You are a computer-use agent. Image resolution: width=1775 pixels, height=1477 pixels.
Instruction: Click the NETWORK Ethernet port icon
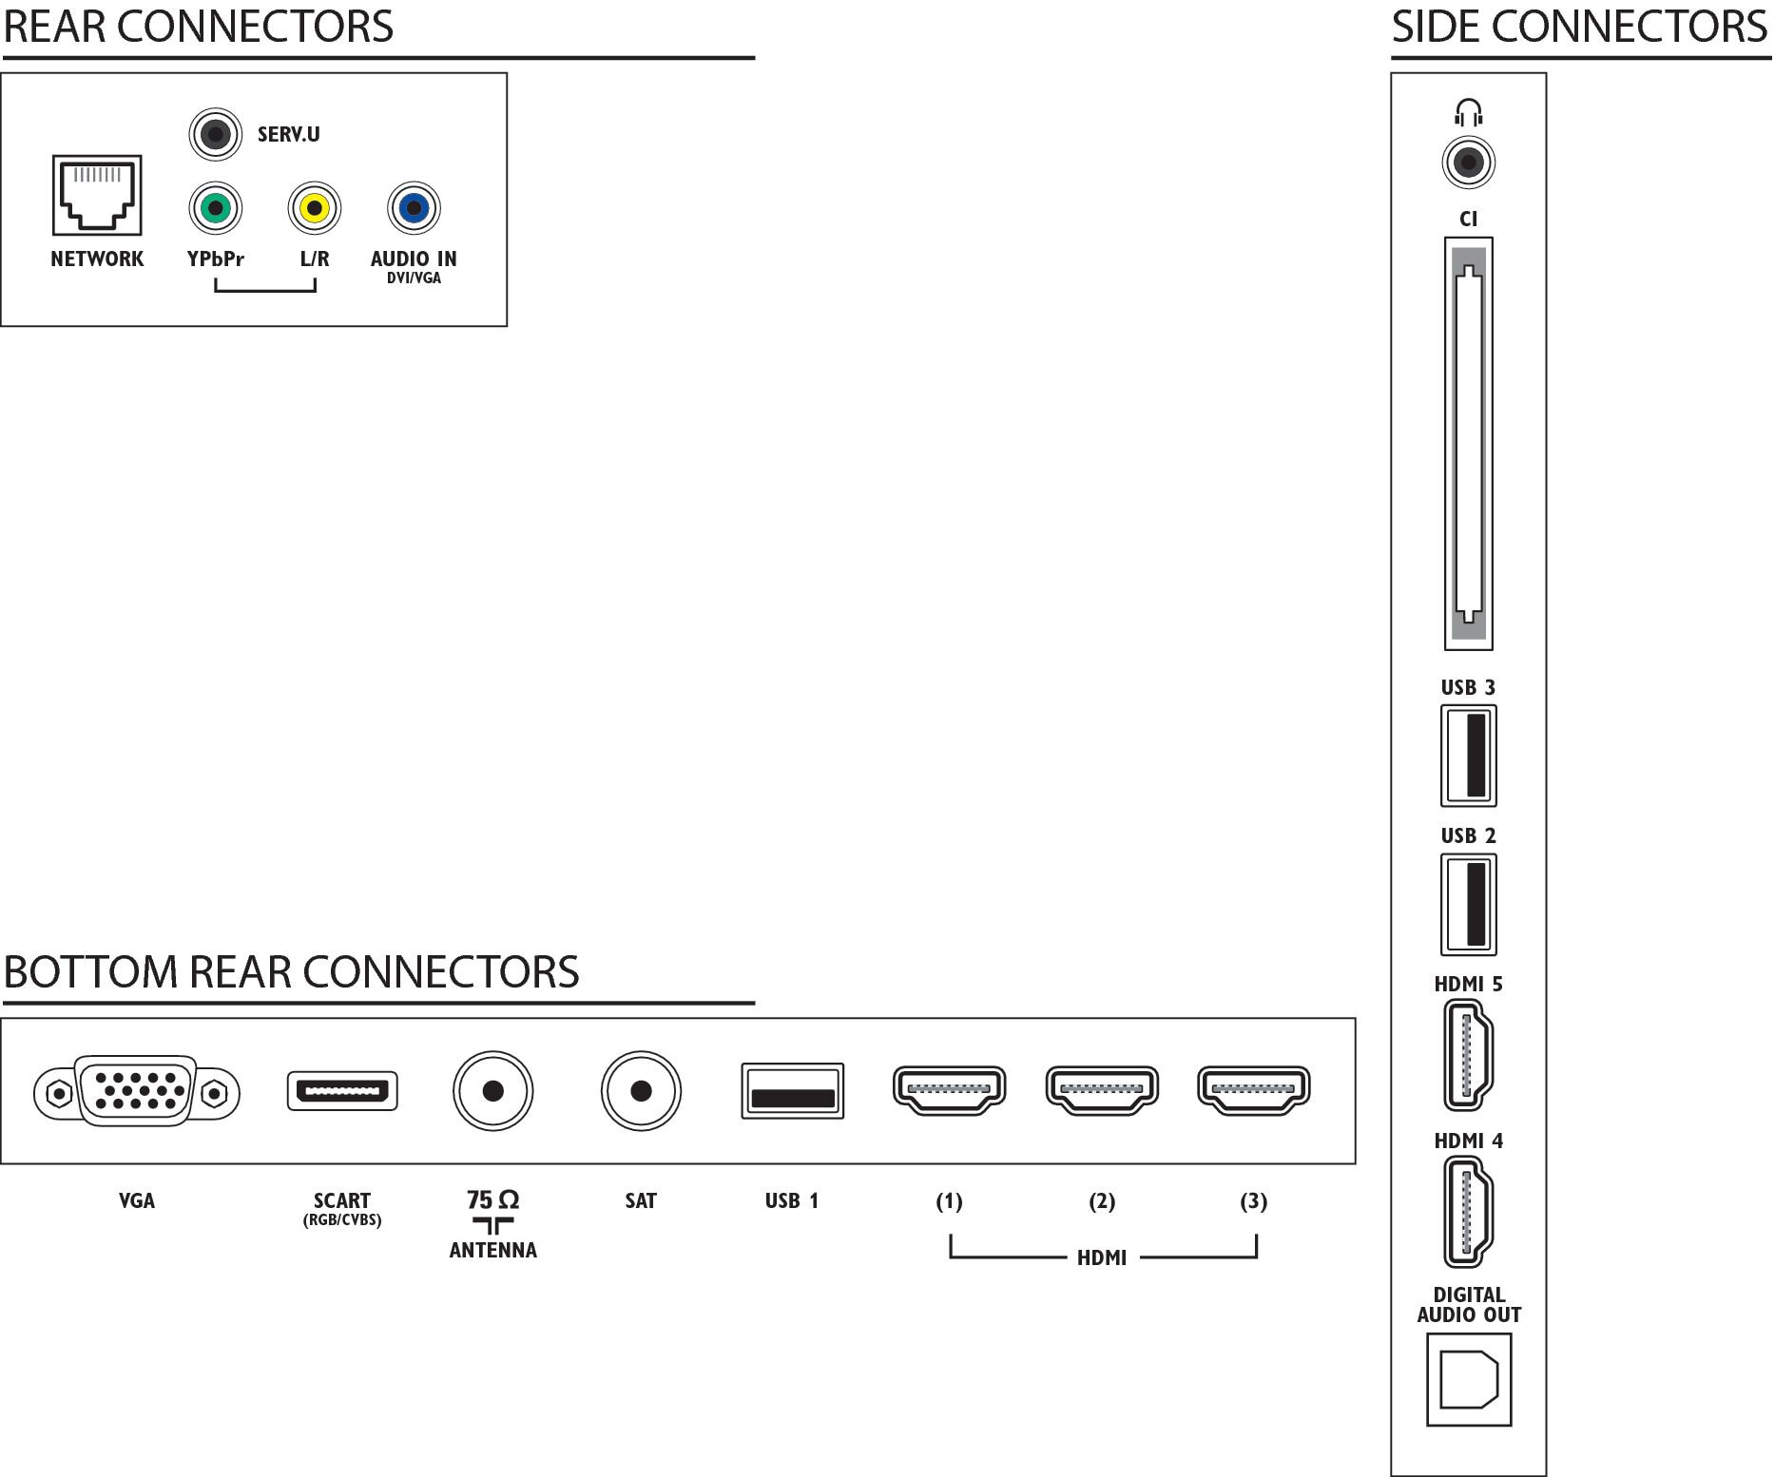(x=97, y=195)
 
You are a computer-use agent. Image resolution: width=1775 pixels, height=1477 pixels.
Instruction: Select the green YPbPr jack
(x=216, y=208)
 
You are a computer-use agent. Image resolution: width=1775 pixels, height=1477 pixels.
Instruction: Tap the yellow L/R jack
(x=314, y=208)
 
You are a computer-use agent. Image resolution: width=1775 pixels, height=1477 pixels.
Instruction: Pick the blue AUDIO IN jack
(x=414, y=208)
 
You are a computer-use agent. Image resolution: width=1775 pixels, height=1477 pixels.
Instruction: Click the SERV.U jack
(x=216, y=134)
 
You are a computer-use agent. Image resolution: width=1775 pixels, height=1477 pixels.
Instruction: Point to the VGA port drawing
(x=137, y=1091)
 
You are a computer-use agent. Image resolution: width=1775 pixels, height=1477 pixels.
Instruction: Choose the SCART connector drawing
(x=342, y=1091)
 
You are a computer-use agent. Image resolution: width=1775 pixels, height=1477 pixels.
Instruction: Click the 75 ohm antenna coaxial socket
(x=492, y=1091)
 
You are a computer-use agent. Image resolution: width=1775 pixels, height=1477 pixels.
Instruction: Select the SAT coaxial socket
(x=641, y=1091)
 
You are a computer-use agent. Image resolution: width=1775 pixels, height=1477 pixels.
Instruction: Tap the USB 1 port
(x=792, y=1091)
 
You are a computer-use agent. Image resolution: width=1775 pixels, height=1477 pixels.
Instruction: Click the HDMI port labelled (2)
(x=1102, y=1090)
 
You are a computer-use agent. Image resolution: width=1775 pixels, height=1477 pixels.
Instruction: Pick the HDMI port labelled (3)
(x=1254, y=1090)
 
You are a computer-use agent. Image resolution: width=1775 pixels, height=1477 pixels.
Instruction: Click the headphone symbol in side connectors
(x=1469, y=113)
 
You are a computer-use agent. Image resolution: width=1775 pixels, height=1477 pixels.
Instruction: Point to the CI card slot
(x=1469, y=444)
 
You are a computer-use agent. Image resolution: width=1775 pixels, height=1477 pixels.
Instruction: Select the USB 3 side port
(x=1469, y=756)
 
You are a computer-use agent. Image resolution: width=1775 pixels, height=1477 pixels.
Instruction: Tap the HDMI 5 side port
(x=1469, y=1055)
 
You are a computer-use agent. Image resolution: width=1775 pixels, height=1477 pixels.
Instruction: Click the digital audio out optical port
(x=1469, y=1380)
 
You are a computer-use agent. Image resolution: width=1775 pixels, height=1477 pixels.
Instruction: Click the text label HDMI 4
(x=1469, y=1141)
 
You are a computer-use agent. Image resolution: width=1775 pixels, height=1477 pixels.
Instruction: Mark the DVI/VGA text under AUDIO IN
(x=414, y=278)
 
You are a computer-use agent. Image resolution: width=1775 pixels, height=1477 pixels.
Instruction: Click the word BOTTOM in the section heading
(x=90, y=971)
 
